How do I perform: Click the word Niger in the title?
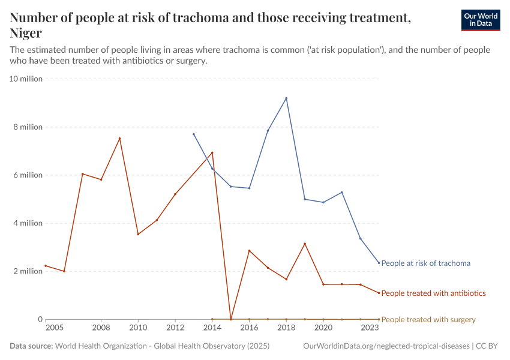point(26,34)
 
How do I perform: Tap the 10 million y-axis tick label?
point(26,79)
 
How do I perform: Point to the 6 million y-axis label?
point(28,175)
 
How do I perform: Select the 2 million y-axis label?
point(28,271)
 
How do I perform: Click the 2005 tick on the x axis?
point(54,328)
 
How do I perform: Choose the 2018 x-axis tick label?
point(286,328)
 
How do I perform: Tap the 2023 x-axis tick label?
point(370,328)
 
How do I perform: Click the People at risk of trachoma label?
point(425,263)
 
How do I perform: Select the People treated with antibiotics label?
point(433,293)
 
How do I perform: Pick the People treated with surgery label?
point(428,320)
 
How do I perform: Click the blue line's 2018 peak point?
point(286,98)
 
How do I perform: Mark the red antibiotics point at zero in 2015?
point(231,319)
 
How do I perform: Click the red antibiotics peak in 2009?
point(119,139)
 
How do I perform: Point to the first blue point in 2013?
point(194,134)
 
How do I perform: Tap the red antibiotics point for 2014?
point(212,152)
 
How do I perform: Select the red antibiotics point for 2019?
point(305,244)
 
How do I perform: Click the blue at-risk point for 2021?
point(342,192)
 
